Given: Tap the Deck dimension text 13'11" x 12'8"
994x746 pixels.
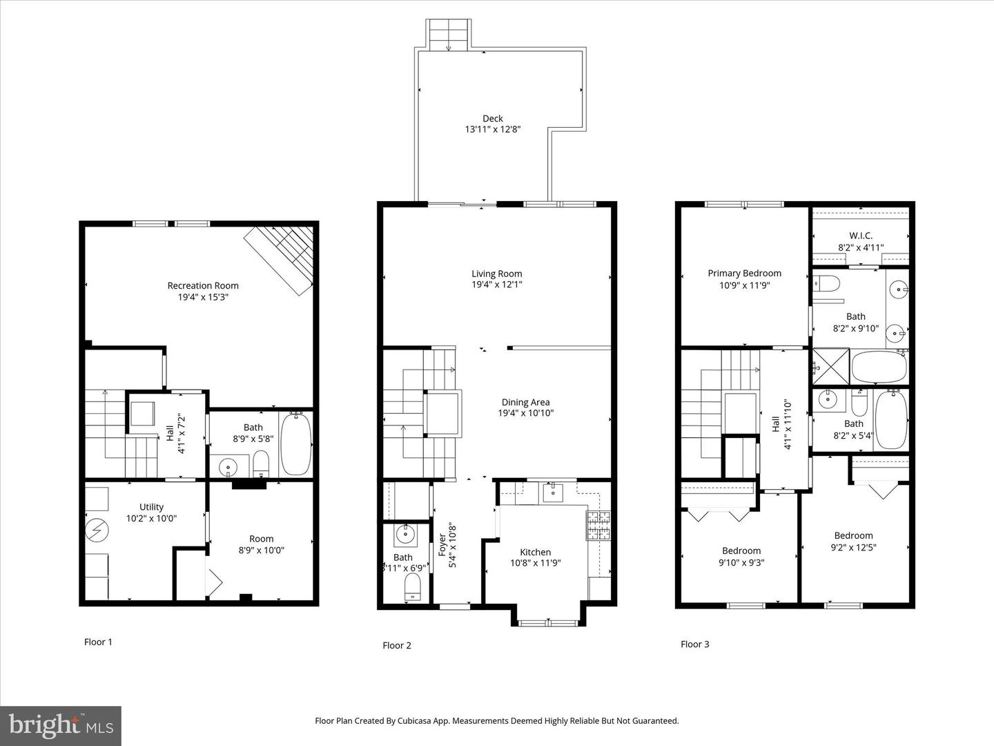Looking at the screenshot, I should tap(492, 129).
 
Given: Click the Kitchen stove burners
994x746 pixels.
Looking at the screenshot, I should tap(598, 525).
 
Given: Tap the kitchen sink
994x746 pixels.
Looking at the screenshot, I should tap(552, 492).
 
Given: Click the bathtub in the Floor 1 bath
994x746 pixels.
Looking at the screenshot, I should tap(296, 443).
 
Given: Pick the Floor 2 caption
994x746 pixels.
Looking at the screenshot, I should tap(397, 645).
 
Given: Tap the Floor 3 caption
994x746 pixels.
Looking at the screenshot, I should tap(694, 644).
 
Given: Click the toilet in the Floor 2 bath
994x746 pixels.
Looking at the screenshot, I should tap(412, 589).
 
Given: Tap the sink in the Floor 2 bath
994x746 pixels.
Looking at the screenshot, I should tap(404, 534).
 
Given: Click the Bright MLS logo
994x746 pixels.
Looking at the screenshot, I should tap(61, 725).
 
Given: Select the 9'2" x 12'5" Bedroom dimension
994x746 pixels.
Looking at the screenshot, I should tap(853, 547).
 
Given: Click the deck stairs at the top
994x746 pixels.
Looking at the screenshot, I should tap(449, 34).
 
